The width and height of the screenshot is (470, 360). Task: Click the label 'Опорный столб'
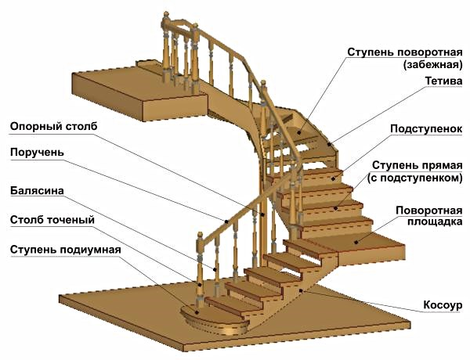click(x=53, y=126)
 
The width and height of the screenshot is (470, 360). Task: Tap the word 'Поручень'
click(x=37, y=153)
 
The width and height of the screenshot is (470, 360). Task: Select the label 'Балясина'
click(x=37, y=191)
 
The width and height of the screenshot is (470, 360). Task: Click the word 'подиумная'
click(x=91, y=250)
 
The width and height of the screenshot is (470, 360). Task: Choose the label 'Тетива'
click(x=443, y=81)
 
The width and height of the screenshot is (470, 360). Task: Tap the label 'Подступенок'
click(x=426, y=129)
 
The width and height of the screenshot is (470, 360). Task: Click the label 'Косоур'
click(x=443, y=305)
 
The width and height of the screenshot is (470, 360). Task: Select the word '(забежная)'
click(x=432, y=65)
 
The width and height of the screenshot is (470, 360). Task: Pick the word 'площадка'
click(x=435, y=222)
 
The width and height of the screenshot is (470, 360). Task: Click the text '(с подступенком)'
click(x=415, y=178)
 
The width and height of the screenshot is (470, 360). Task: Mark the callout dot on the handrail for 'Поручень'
click(x=226, y=221)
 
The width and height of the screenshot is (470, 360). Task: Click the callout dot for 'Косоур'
click(x=301, y=290)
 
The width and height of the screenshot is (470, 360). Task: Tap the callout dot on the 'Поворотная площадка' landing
click(x=356, y=243)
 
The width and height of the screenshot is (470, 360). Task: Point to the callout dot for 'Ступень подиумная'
click(x=197, y=312)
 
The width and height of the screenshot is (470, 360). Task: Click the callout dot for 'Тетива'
click(x=329, y=144)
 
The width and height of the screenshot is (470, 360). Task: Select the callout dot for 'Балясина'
click(x=215, y=269)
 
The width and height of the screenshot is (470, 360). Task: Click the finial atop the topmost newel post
click(x=166, y=15)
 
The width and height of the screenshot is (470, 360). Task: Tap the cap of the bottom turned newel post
click(x=200, y=234)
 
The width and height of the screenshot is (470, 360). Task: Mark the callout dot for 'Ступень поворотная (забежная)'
click(x=299, y=131)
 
